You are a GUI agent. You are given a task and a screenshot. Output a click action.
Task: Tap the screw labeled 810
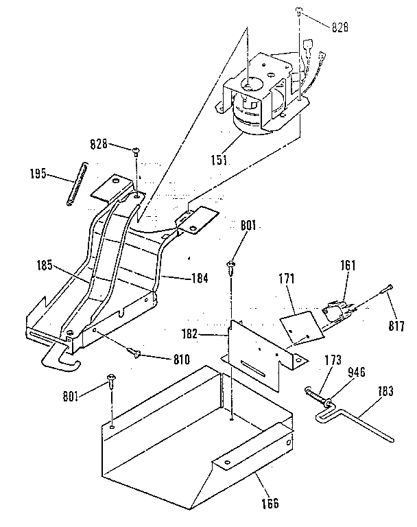[x=135, y=353]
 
